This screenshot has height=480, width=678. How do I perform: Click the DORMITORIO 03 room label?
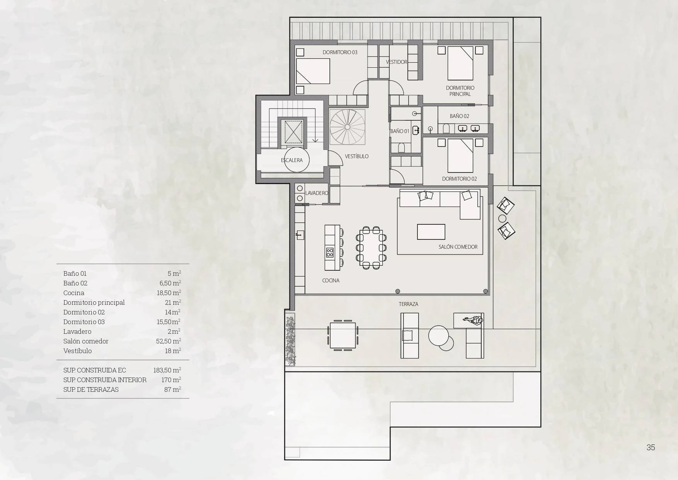coord(340,52)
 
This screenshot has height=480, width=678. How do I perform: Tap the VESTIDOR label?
coord(397,62)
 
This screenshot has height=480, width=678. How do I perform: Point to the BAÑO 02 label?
coord(459,116)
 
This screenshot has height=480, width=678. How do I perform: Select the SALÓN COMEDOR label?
coord(458,247)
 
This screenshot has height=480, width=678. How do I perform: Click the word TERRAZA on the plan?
coord(409,304)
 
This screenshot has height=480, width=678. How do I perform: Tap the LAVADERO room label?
coord(317,193)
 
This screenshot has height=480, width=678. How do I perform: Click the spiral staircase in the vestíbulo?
coord(347,127)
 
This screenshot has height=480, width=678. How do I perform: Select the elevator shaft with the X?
coord(292,132)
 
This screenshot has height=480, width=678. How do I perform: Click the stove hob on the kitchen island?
coord(330,253)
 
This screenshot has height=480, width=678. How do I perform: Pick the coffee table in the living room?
coord(431,232)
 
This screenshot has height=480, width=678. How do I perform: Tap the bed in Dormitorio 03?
coord(313,71)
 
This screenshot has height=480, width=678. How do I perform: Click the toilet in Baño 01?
coord(401,147)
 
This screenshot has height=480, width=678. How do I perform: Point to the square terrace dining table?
coord(343,335)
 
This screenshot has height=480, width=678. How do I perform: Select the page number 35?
coord(651,448)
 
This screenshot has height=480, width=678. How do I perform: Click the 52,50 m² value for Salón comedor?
coord(169,341)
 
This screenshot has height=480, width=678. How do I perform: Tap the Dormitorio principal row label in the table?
coord(94,302)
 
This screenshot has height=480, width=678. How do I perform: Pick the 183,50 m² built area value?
coord(167,370)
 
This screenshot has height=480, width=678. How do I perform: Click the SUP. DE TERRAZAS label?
coord(91,389)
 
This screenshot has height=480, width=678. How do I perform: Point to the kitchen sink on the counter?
coord(300,235)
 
